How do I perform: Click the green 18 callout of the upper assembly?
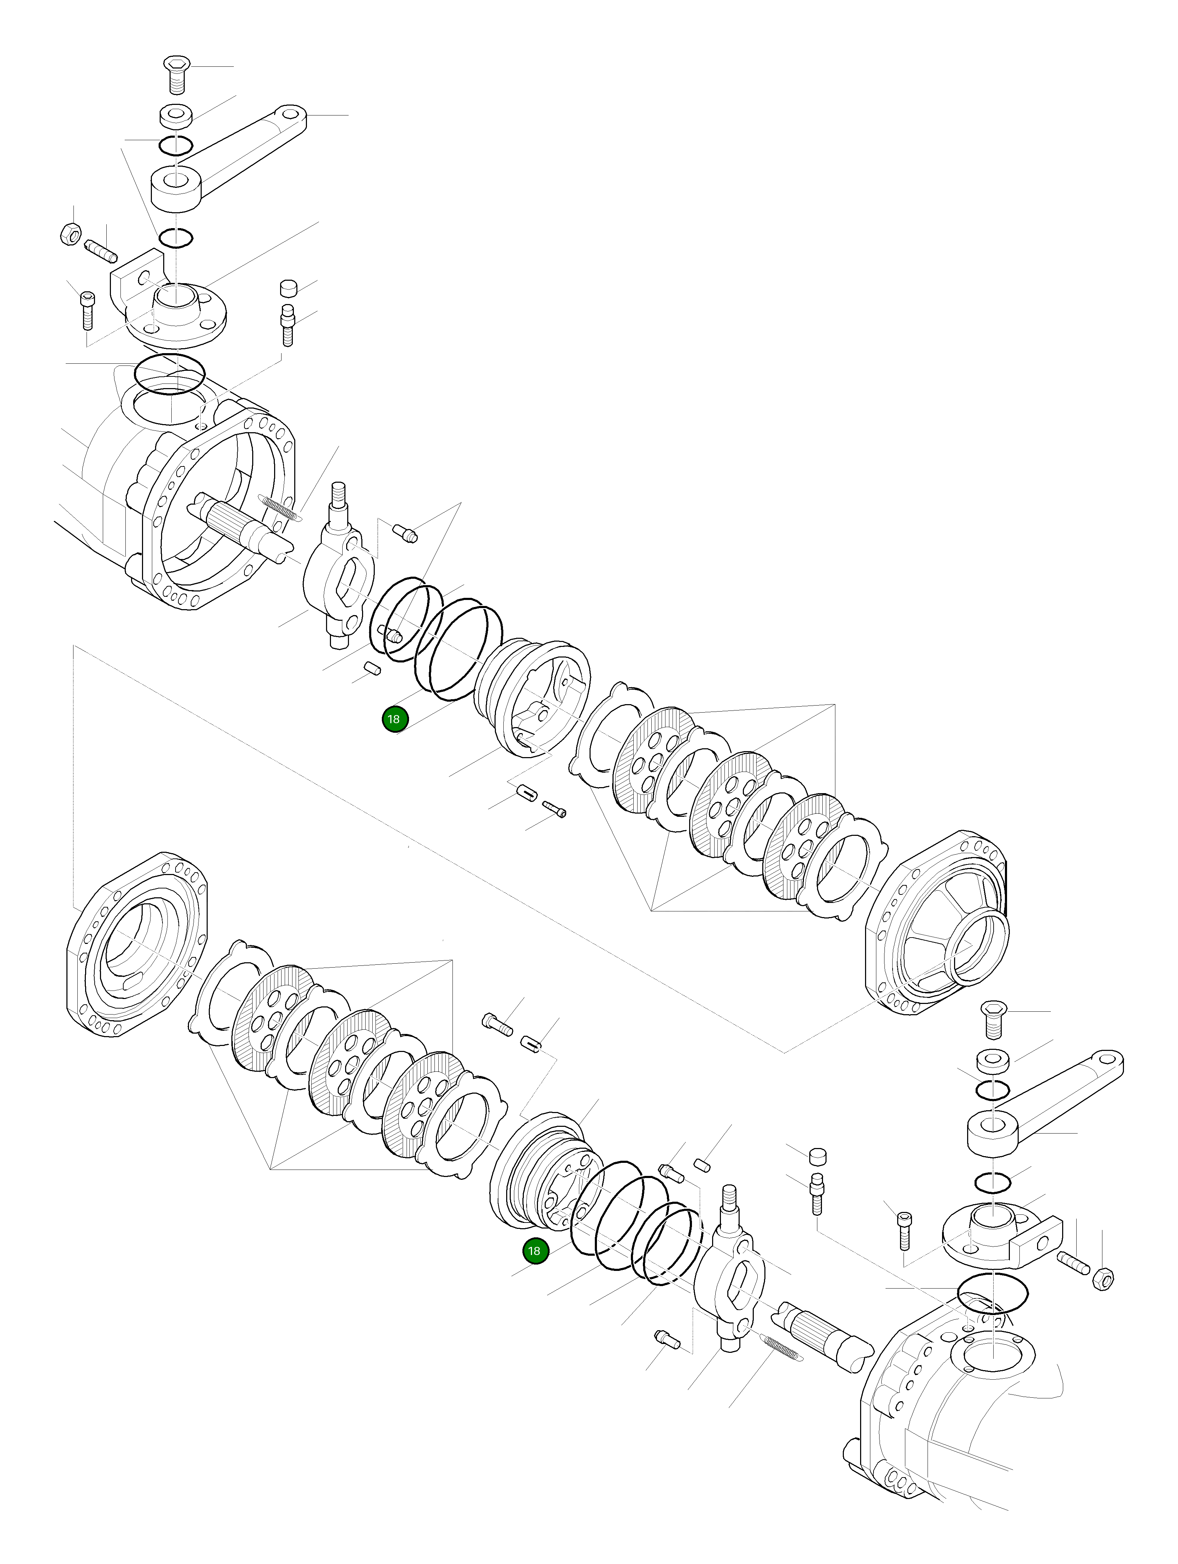coord(394,719)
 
